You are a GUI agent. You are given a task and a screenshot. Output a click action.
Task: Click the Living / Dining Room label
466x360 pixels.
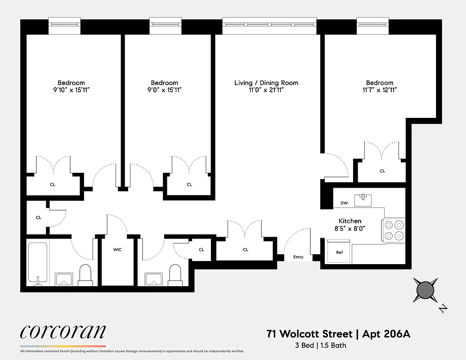266,83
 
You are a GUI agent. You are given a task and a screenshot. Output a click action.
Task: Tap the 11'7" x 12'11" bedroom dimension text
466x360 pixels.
380,90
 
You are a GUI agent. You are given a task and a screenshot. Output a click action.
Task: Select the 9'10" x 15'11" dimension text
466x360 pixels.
71,90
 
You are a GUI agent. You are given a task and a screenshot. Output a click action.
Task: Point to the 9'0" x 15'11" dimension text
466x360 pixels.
164,90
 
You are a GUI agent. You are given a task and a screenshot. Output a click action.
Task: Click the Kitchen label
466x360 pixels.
350,221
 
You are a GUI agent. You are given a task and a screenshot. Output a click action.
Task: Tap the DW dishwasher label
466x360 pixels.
344,203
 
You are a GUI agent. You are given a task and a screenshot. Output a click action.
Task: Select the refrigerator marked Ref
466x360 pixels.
340,252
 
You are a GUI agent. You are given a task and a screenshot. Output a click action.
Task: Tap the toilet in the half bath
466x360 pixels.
175,274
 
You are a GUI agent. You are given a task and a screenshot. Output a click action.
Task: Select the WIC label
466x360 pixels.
117,249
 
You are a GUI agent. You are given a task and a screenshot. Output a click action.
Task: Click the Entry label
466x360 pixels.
298,257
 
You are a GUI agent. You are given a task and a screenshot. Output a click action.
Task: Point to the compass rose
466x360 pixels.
425,290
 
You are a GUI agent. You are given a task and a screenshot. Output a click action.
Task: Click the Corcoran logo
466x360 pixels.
63,332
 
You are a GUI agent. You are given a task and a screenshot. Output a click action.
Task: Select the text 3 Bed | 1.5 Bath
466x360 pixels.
321,346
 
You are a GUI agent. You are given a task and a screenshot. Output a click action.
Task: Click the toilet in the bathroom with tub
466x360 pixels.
85,274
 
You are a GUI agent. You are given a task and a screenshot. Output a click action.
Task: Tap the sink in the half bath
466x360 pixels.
154,279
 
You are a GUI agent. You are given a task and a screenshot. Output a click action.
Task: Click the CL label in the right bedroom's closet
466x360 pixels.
382,171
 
